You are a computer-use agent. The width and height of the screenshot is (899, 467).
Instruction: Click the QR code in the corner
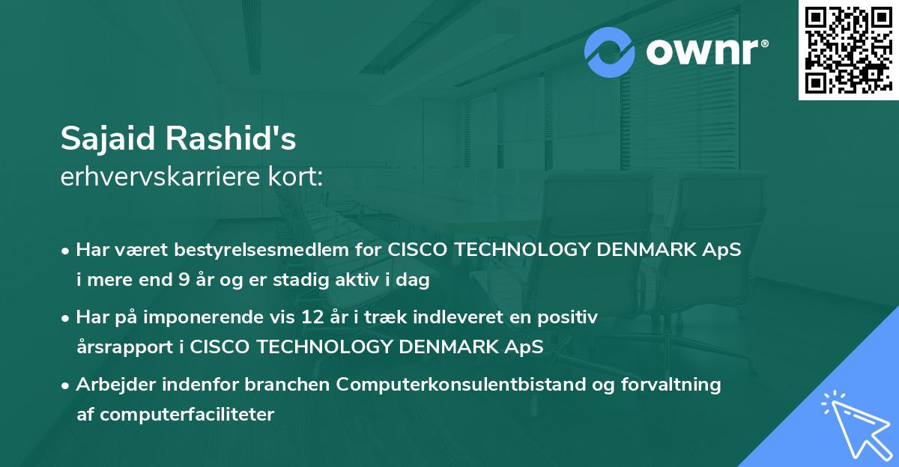coord(848,49)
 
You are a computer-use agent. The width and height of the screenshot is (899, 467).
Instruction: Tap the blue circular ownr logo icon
coord(610,52)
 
